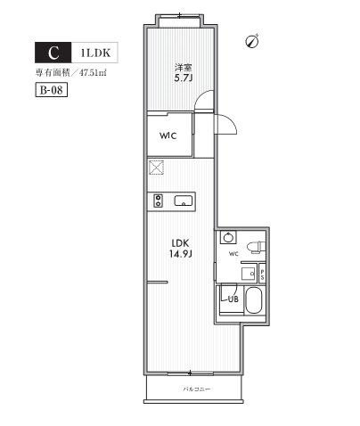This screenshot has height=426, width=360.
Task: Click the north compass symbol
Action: coord(252,41)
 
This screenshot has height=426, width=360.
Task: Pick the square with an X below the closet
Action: coord(158,167)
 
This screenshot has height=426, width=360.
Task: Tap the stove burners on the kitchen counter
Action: coord(158,199)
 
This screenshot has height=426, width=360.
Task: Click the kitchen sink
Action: coord(184,200)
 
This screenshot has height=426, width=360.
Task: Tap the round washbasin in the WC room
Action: coord(227,238)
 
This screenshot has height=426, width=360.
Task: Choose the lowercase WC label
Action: coord(233,254)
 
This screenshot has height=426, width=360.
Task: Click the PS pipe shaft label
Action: coord(261,274)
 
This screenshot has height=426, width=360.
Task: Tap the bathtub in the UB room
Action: coord(253,303)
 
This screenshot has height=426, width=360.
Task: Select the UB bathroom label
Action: coord(232,299)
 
